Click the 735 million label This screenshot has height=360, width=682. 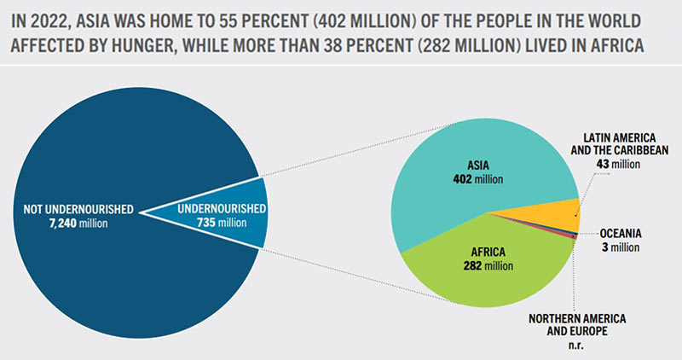click(x=224, y=223)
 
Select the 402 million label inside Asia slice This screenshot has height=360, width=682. click(x=477, y=180)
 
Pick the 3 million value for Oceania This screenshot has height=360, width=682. click(x=620, y=247)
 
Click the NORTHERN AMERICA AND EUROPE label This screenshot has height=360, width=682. click(x=577, y=325)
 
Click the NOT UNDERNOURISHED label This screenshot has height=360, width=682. click(x=72, y=208)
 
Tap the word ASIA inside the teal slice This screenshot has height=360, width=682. click(x=477, y=166)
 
